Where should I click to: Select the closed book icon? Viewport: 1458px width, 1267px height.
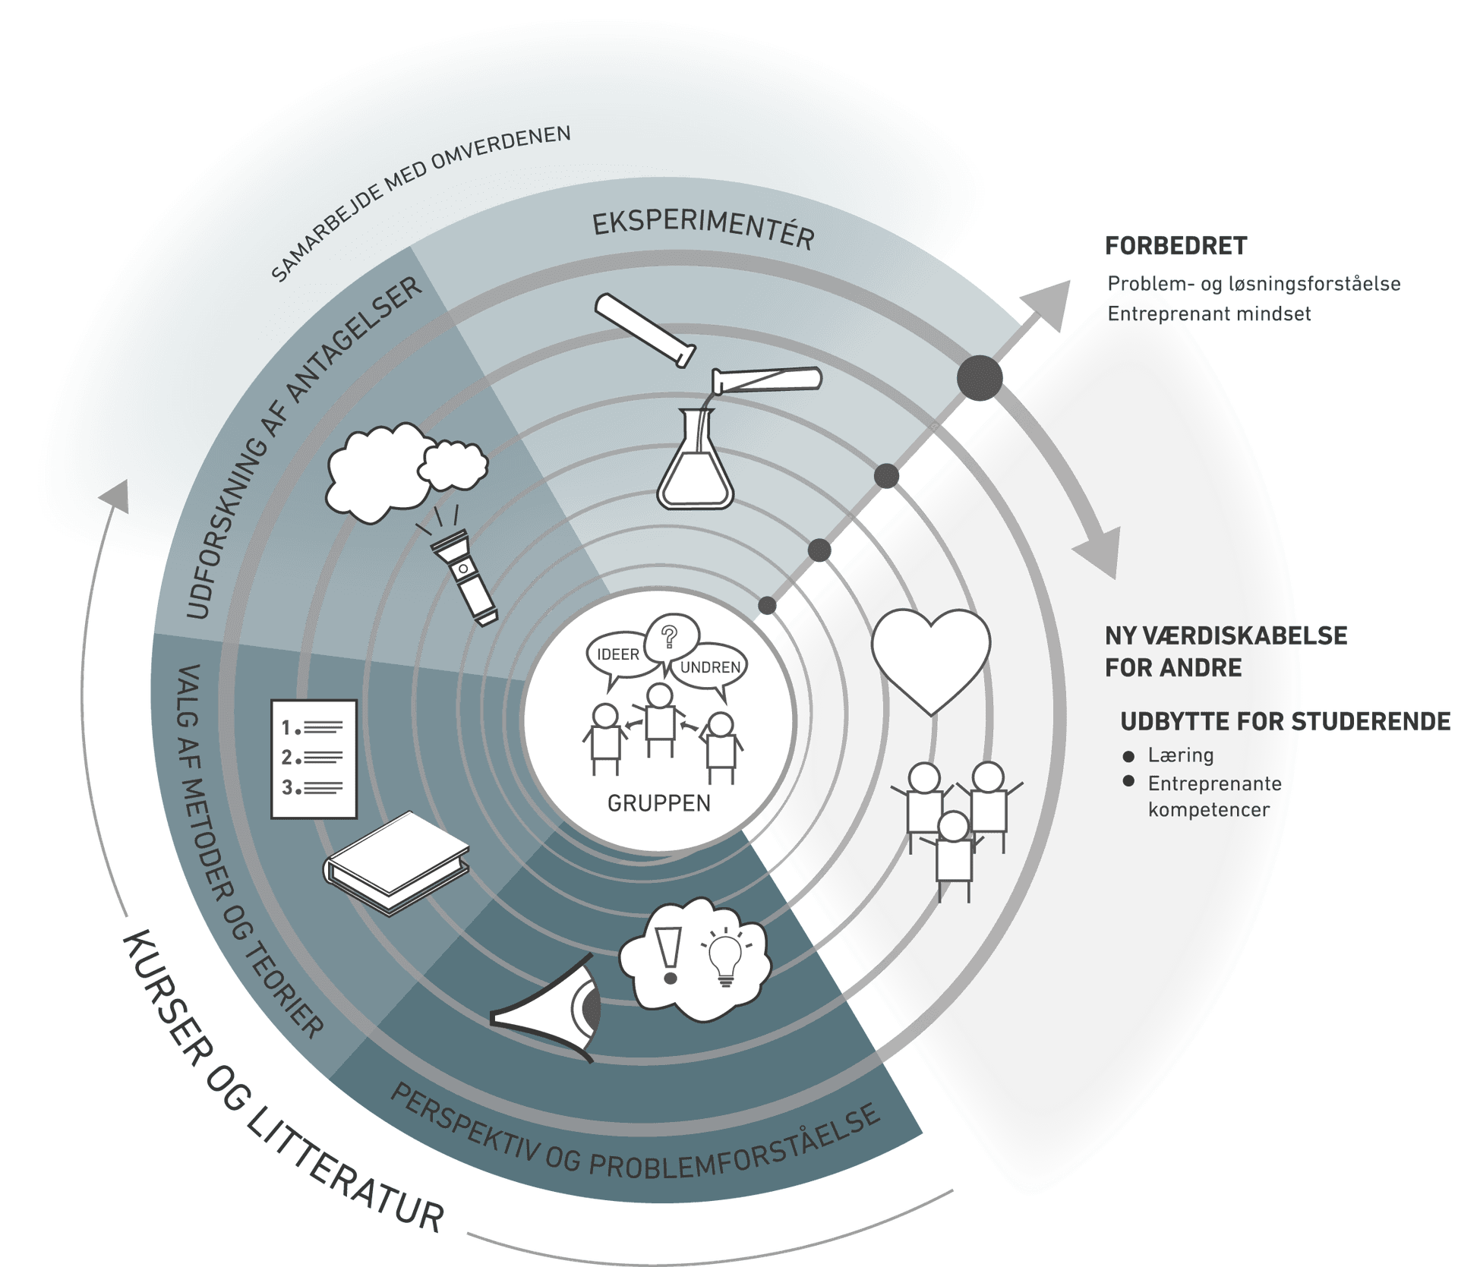click(x=396, y=862)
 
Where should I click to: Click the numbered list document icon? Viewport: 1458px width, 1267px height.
click(x=314, y=758)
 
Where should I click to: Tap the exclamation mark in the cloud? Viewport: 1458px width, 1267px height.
click(x=669, y=954)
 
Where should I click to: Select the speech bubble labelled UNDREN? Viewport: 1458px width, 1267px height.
click(x=710, y=667)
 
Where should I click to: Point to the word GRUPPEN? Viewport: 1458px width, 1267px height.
click(x=659, y=803)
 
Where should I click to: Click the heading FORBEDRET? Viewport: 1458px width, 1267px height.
click(x=1176, y=246)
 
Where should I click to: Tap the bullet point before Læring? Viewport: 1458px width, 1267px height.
click(x=1128, y=756)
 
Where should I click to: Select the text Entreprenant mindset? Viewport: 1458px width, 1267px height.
click(x=1209, y=314)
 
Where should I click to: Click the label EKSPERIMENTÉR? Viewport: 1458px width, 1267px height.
click(x=703, y=229)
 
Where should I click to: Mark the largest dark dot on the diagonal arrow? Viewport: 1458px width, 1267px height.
click(x=980, y=377)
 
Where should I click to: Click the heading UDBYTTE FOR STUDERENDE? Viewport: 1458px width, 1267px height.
click(x=1285, y=721)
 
